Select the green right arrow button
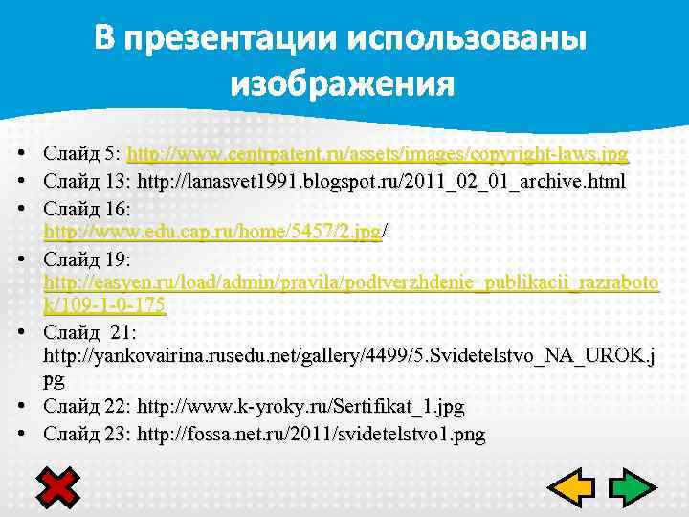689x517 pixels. [x=633, y=488]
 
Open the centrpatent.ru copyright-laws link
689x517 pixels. [x=378, y=154]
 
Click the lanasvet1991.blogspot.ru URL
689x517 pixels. [x=382, y=181]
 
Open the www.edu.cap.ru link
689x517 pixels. [x=212, y=232]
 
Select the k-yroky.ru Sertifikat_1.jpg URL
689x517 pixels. [x=300, y=408]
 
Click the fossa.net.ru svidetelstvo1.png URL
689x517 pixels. [x=311, y=435]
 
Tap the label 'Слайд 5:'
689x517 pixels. [x=82, y=154]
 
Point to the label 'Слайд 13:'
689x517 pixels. [x=87, y=181]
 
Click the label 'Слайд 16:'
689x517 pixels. [x=87, y=208]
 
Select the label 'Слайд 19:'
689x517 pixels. [x=87, y=259]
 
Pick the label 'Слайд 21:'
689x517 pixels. [x=90, y=332]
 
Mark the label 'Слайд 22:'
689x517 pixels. [x=87, y=408]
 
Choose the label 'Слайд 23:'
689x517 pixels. [x=87, y=435]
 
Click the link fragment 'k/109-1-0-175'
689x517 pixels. [x=105, y=305]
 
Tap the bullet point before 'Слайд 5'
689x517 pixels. [x=20, y=154]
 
